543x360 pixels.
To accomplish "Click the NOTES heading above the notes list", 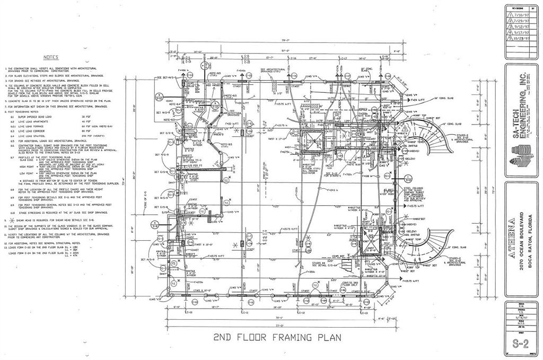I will point(51,57).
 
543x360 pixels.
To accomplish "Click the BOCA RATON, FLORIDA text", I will point(530,238).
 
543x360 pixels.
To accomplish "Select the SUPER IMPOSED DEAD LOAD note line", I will point(32,116).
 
